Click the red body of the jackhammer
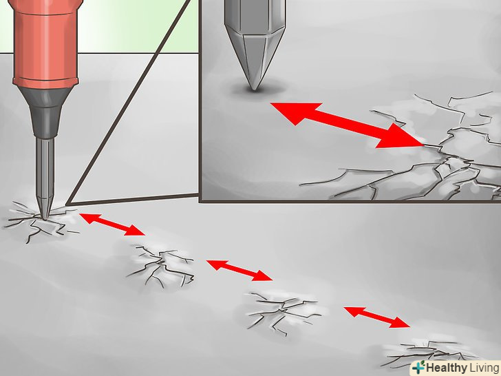point(45,43)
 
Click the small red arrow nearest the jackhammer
point(112,224)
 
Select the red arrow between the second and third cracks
point(239,270)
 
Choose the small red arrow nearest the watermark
point(376,317)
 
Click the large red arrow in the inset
point(348,125)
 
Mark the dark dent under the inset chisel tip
point(255,89)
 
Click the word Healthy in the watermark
point(447,367)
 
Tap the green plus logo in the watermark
point(418,367)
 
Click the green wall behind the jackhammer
point(138,25)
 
